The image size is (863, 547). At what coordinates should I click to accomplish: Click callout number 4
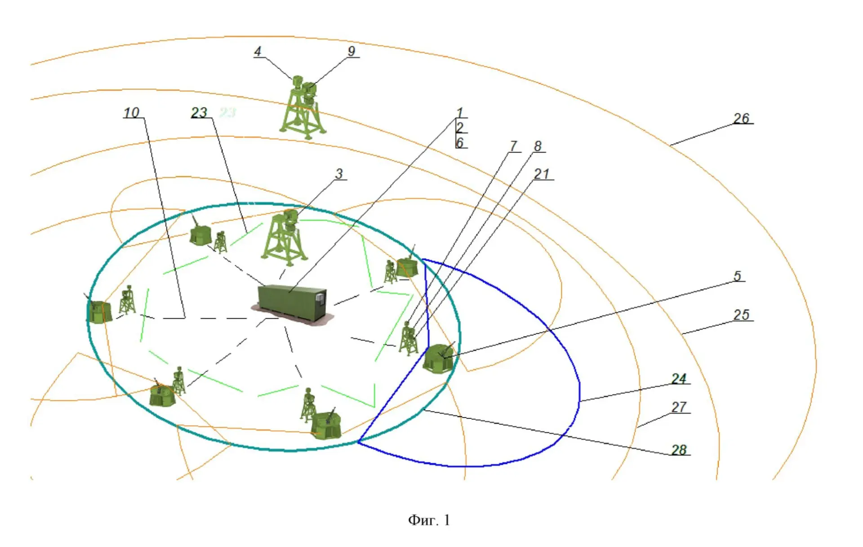(x=258, y=51)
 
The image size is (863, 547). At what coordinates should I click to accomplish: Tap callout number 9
(x=351, y=51)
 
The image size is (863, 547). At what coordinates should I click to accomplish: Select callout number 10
(x=132, y=112)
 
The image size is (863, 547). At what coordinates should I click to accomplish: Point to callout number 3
(x=339, y=174)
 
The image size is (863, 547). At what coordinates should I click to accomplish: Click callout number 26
(x=741, y=118)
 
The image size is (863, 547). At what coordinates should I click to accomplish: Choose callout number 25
(x=741, y=315)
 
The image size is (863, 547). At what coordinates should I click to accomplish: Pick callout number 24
(x=679, y=379)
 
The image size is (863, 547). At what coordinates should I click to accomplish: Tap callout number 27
(x=679, y=407)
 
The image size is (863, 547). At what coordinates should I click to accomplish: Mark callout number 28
(x=679, y=450)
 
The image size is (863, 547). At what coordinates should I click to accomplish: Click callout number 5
(x=737, y=276)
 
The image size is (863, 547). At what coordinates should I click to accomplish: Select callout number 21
(x=542, y=174)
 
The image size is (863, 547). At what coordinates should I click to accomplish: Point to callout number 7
(x=513, y=146)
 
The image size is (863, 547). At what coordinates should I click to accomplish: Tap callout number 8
(x=538, y=146)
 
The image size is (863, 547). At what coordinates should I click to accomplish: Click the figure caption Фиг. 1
(x=429, y=520)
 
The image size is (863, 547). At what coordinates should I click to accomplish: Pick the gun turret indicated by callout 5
(x=438, y=358)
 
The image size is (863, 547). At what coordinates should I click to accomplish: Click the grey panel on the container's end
(x=320, y=298)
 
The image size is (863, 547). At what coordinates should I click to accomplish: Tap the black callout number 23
(x=199, y=112)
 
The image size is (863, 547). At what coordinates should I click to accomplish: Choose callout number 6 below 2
(x=459, y=143)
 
